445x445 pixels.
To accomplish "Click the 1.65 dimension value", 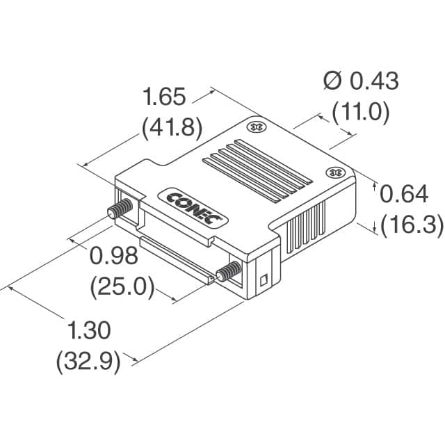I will point(164,96).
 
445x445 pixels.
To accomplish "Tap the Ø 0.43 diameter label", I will point(361,81).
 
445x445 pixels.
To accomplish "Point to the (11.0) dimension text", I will point(360,111).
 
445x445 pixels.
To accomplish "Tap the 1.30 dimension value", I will point(88,330).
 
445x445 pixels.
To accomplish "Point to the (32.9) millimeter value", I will point(88,361).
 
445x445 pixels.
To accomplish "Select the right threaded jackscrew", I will point(229,272).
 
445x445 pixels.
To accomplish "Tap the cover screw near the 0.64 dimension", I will point(334,172).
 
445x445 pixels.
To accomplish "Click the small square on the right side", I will point(263,282).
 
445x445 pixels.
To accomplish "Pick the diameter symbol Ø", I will point(332,81).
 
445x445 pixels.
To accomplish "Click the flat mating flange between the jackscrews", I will point(174,258).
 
